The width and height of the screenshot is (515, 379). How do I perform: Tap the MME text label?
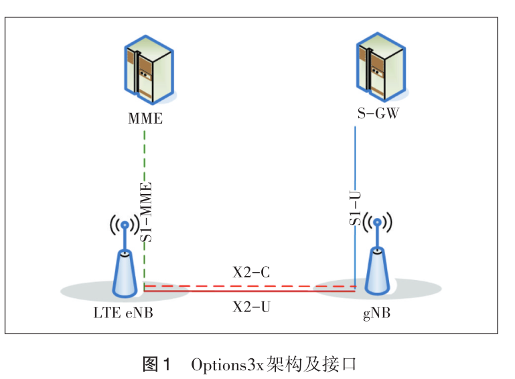pos(145,120)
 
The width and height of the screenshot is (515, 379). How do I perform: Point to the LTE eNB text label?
pos(123,312)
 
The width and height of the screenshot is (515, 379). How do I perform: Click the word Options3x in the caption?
pos(227,365)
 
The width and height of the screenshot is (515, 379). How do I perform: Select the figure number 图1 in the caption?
pos(157,365)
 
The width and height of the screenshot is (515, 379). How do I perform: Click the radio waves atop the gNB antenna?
pos(378,223)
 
